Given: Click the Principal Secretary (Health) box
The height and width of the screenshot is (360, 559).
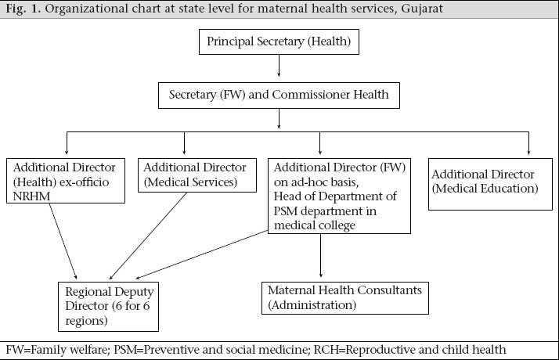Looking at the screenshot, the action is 279,41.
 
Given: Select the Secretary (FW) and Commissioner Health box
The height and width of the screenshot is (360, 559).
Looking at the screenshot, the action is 279,95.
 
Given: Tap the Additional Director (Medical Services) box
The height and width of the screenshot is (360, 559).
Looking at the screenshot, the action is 197,175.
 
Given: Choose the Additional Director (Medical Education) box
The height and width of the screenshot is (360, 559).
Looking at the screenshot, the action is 490,184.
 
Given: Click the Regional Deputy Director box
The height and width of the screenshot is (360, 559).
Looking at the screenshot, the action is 108,307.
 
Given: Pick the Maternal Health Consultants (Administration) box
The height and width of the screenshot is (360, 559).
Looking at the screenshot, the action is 345,298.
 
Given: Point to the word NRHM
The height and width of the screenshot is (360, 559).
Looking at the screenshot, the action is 31,196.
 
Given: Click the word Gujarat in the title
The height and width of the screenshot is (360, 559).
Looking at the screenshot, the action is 422,9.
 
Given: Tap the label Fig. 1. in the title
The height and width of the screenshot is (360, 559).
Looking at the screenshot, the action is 23,9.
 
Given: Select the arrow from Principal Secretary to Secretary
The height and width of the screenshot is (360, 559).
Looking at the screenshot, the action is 279,66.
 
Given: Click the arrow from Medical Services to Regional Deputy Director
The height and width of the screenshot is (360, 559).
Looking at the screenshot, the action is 148,236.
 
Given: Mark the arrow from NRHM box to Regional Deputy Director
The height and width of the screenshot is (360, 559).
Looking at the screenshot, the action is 63,241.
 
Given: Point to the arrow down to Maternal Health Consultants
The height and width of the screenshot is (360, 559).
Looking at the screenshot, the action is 320,256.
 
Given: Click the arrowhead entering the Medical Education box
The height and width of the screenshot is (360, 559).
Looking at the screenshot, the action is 528,152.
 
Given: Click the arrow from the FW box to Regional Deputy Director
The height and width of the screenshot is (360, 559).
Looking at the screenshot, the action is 202,254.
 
